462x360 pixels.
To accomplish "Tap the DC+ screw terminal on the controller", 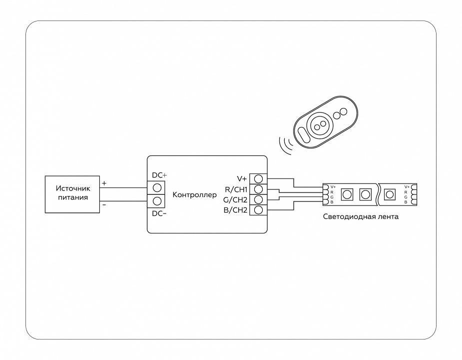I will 156,187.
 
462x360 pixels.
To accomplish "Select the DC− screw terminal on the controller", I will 156,201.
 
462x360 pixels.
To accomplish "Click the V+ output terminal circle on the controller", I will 258,178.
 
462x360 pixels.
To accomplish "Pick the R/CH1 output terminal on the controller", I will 258,189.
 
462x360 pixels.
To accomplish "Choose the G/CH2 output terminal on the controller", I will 258,199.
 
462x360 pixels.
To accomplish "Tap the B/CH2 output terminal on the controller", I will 258,210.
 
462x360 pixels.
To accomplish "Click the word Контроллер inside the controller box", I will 195,194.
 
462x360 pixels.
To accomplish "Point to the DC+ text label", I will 159,175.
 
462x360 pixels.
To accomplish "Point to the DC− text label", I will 159,213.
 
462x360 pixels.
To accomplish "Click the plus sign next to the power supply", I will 104,183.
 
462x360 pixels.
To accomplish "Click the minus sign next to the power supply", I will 104,204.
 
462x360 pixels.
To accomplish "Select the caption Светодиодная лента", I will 361,217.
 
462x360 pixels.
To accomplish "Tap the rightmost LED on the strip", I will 390,193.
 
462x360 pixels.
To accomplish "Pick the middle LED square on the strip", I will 365,193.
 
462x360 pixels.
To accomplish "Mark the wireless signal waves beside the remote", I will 286,145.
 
